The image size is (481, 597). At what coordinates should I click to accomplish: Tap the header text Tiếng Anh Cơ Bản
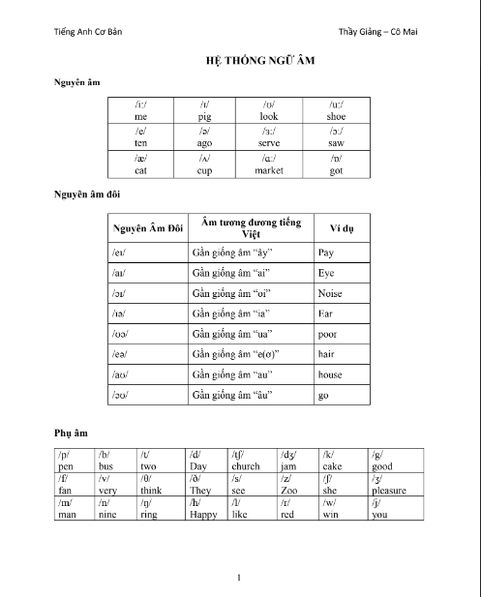(x=88, y=30)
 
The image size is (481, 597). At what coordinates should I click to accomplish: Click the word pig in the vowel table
(x=204, y=115)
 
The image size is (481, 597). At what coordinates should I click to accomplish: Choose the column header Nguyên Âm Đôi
(x=148, y=228)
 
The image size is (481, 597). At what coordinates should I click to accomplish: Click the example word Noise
(x=331, y=293)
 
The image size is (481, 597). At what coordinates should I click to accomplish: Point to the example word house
(x=330, y=374)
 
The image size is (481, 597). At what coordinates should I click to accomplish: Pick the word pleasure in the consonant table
(x=389, y=491)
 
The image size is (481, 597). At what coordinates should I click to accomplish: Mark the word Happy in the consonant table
(x=204, y=515)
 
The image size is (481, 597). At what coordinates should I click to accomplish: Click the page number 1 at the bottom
(x=239, y=579)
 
